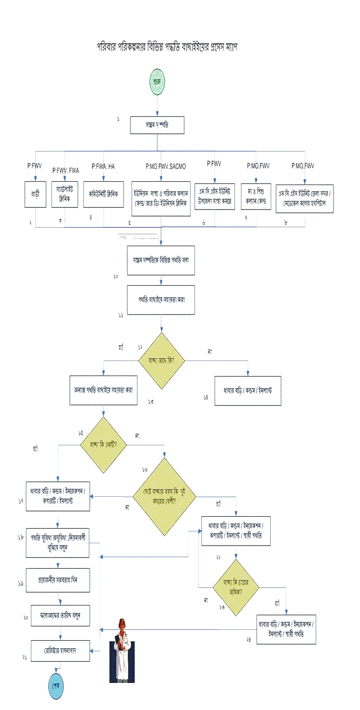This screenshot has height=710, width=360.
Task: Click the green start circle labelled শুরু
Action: tap(158, 82)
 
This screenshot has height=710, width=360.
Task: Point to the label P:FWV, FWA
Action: tap(66, 170)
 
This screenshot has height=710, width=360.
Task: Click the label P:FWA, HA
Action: tap(103, 166)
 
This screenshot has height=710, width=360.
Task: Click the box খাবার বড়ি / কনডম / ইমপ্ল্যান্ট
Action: tap(247, 389)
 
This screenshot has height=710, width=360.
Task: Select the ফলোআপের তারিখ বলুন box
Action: tap(59, 616)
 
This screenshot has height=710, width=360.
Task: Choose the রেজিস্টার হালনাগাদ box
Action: tap(58, 647)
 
